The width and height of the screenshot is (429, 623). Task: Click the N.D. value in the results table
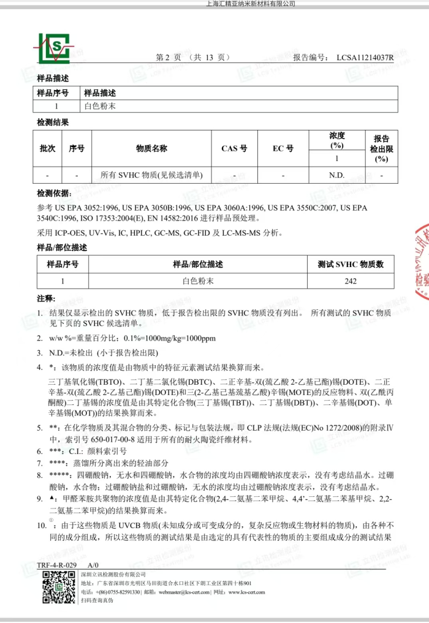[336, 175]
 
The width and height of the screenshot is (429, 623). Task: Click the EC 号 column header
[283, 149]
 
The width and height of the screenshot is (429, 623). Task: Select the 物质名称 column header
[151, 149]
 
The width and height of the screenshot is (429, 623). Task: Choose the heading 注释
[46, 299]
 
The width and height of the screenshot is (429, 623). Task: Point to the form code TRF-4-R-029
[57, 564]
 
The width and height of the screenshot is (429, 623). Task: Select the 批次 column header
[47, 149]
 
